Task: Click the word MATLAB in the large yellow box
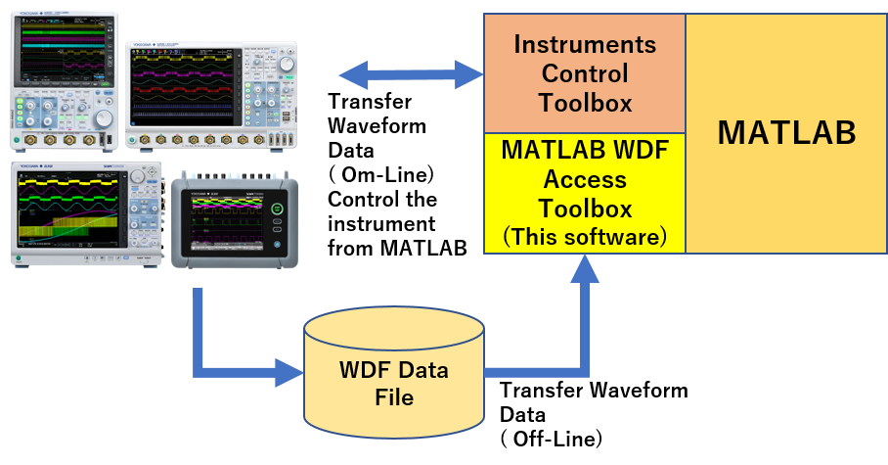(786, 133)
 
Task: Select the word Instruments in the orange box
(585, 44)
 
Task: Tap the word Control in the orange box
(585, 73)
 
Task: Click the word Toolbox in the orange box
(585, 102)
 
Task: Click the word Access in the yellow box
(585, 180)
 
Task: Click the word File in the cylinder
(394, 397)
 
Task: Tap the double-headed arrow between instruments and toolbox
(411, 72)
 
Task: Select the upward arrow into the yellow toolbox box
(584, 313)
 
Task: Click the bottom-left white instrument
(86, 215)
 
